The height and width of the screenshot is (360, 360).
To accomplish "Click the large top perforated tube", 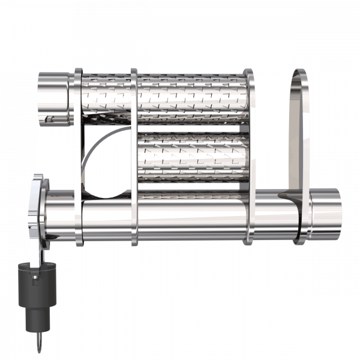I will tap(192, 96).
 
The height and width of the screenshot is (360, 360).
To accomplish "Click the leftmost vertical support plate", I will tap(78, 156).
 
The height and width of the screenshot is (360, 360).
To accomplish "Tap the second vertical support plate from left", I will tap(134, 156).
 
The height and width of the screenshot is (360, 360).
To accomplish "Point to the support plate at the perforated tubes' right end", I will tap(248, 156).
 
